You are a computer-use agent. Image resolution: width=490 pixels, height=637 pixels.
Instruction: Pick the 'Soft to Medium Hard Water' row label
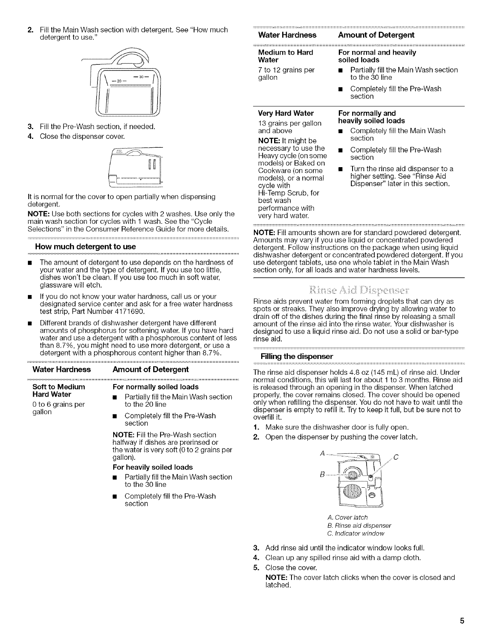[x=59, y=391]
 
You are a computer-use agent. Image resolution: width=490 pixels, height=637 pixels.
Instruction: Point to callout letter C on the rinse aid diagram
[x=396, y=458]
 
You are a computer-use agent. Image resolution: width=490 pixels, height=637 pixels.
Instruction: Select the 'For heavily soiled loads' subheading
[x=152, y=467]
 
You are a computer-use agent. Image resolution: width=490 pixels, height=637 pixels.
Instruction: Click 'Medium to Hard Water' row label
[x=285, y=56]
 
